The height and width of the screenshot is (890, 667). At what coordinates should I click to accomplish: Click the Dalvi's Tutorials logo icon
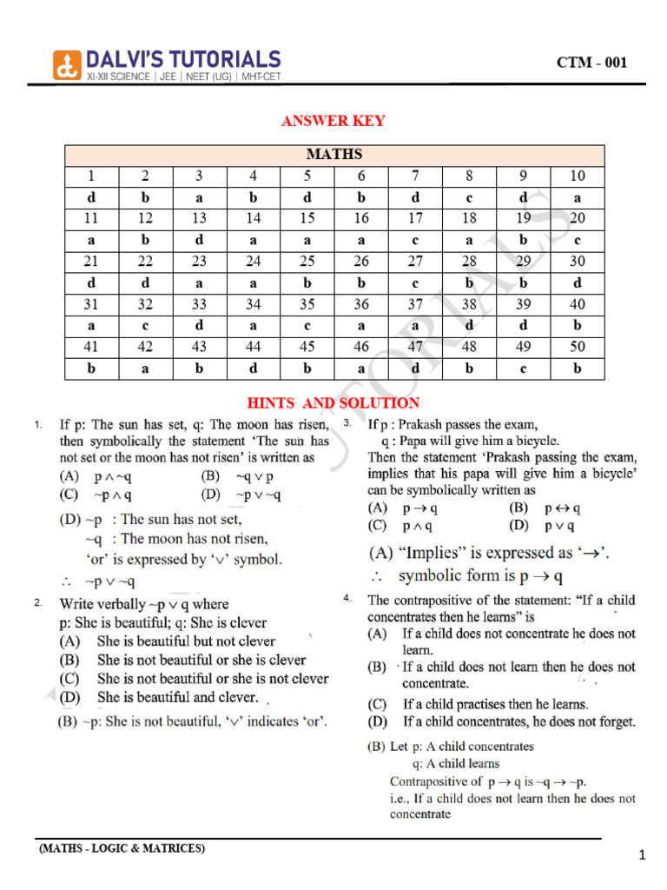pos(67,63)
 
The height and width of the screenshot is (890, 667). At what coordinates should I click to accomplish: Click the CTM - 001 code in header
pos(591,63)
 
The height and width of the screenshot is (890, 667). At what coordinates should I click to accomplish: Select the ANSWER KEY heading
pos(333,121)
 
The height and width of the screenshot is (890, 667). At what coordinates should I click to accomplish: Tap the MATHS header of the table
pos(334,155)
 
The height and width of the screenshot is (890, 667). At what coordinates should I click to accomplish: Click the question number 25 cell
pos(307,262)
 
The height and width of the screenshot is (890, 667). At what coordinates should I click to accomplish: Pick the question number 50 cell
pos(578,347)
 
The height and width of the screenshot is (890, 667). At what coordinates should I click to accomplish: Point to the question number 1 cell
pos(92,176)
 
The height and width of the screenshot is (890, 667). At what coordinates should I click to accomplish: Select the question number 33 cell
pos(200,304)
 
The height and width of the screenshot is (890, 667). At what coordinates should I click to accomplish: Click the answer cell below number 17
pos(415,240)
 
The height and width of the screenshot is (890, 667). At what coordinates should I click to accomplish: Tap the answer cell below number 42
pos(146,369)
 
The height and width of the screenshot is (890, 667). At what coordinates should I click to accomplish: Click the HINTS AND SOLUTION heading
pos(333,403)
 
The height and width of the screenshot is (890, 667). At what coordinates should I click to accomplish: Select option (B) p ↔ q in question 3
pos(545,508)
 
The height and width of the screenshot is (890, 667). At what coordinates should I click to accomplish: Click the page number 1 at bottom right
pos(642,856)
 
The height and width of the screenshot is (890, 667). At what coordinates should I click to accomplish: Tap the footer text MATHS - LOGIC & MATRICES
pos(122,848)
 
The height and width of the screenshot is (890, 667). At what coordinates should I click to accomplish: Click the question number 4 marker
pos(347,599)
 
